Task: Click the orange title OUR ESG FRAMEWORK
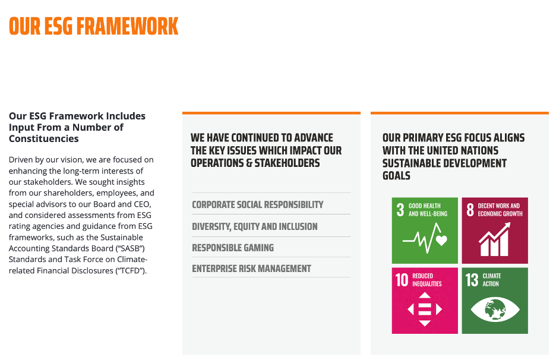[94, 26]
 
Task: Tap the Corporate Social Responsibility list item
[257, 204]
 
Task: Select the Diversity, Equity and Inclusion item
[255, 226]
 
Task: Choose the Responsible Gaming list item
[233, 248]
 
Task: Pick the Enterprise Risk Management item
[251, 269]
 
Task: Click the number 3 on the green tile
[400, 210]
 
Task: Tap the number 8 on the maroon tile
[470, 210]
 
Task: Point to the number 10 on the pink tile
[402, 280]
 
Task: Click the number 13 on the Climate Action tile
[472, 280]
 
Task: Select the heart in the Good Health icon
[441, 241]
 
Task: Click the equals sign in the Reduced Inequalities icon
[425, 310]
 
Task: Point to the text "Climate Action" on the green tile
[491, 280]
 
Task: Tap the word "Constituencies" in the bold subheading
[43, 138]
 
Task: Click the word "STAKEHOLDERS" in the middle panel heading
[288, 163]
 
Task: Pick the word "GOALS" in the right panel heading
[396, 176]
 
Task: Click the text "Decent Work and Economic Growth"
[500, 210]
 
